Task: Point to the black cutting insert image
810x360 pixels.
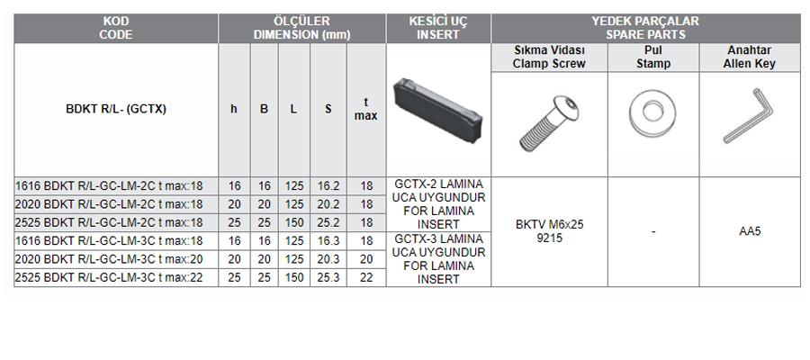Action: tap(437, 111)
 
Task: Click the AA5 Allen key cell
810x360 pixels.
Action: tap(750, 231)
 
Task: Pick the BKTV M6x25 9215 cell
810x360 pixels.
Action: tap(549, 232)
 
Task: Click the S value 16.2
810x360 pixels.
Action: tap(328, 186)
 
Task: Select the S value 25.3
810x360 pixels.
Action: tap(328, 278)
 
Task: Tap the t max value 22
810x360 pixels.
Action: tap(366, 278)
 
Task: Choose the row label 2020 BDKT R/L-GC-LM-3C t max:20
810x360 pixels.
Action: tap(109, 259)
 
